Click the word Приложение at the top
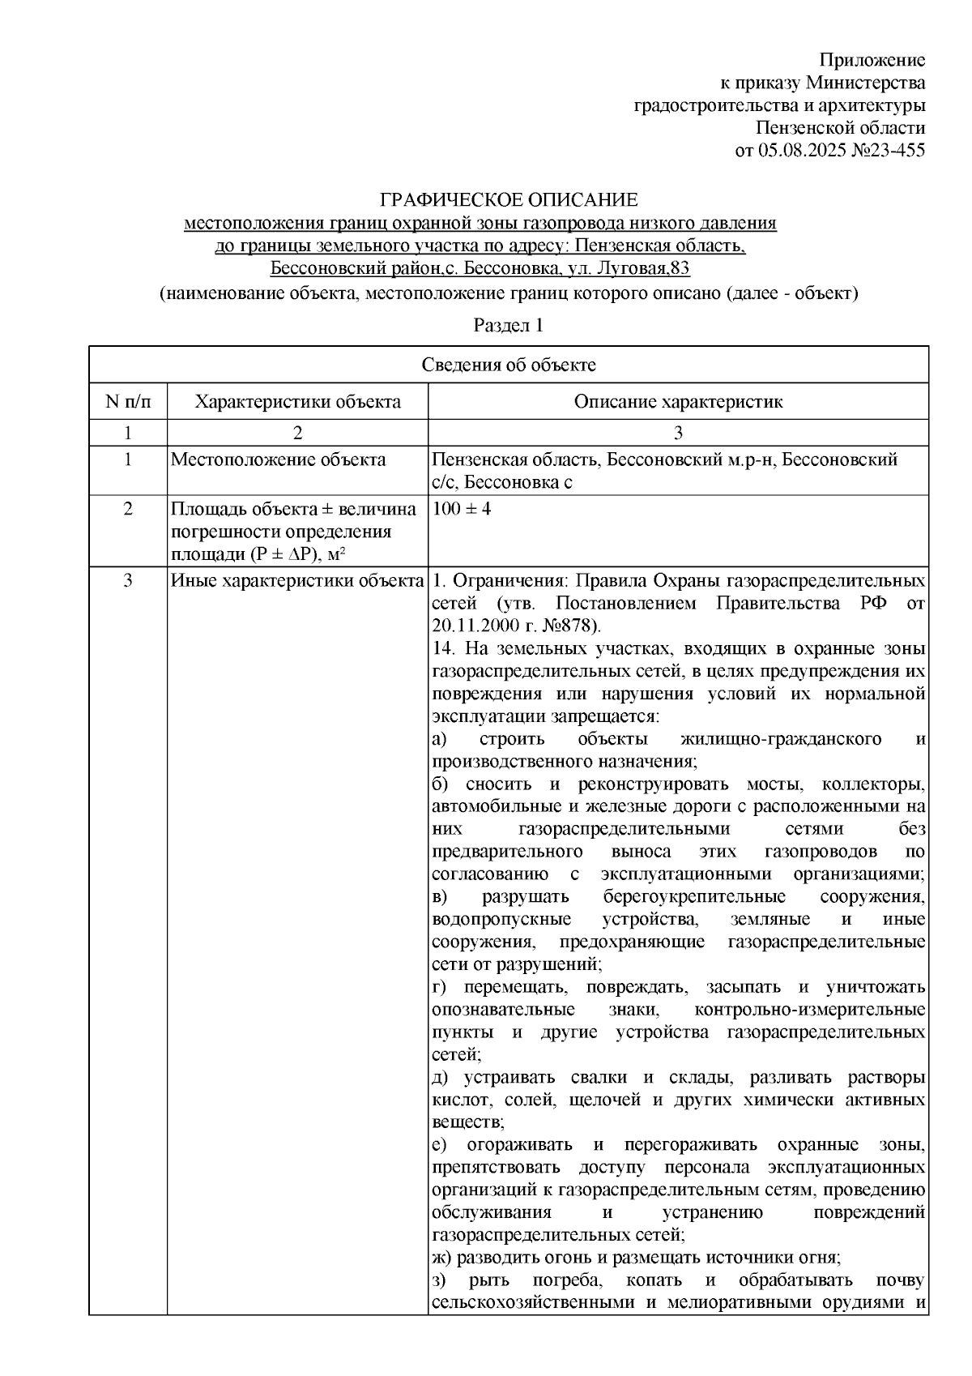(872, 60)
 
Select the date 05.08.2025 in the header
(799, 151)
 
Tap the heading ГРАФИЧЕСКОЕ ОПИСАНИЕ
(509, 199)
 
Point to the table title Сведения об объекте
(509, 365)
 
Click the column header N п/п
(128, 402)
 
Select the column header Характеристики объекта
(297, 402)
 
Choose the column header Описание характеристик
(678, 402)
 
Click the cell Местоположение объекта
(278, 460)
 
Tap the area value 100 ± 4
(463, 510)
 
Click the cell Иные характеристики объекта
(297, 581)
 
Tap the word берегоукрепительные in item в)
(693, 897)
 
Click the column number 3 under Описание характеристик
(678, 432)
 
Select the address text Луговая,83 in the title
(649, 268)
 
